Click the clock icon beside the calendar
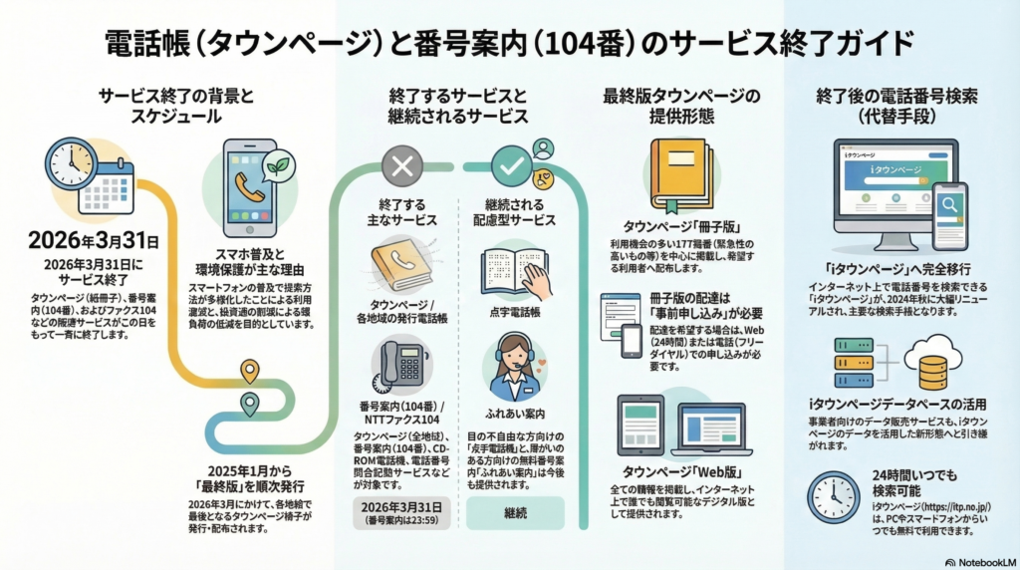click(70, 163)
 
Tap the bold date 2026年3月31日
click(94, 240)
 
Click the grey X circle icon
click(402, 166)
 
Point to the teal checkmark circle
click(514, 166)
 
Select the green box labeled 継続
click(514, 512)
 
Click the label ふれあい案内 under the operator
click(514, 412)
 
